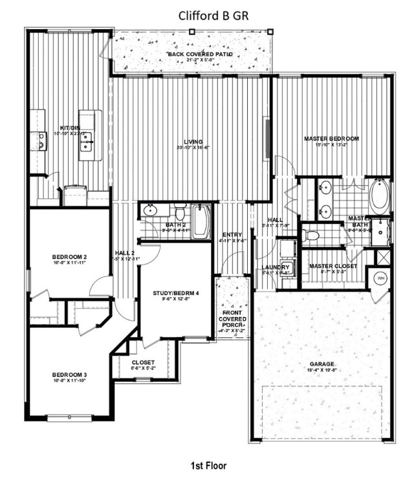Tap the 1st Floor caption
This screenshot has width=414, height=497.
pyautogui.click(x=208, y=465)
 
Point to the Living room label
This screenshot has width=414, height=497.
pyautogui.click(x=193, y=142)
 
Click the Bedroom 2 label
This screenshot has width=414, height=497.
pyautogui.click(x=70, y=257)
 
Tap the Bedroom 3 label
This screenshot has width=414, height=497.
pyautogui.click(x=70, y=375)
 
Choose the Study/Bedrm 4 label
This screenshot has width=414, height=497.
pyautogui.click(x=176, y=293)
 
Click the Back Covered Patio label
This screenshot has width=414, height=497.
pyautogui.click(x=200, y=54)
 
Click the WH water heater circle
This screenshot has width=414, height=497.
pyautogui.click(x=380, y=278)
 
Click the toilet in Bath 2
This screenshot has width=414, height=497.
pyautogui.click(x=180, y=212)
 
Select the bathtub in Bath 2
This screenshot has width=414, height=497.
pyautogui.click(x=201, y=222)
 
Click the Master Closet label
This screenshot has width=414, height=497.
pyautogui.click(x=334, y=266)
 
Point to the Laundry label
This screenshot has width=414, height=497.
pyautogui.click(x=276, y=267)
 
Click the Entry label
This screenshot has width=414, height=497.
pyautogui.click(x=232, y=235)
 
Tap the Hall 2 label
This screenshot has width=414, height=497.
pyautogui.click(x=124, y=252)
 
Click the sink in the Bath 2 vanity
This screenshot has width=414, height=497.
pyautogui.click(x=151, y=210)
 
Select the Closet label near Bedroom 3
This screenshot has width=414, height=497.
pyautogui.click(x=143, y=362)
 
